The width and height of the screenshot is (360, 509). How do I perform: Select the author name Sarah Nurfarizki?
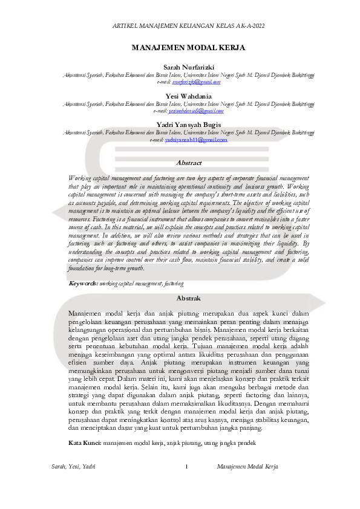(x=189, y=66)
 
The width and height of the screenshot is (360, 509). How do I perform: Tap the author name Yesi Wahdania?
(x=189, y=96)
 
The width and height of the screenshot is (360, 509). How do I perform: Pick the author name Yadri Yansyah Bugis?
(x=189, y=125)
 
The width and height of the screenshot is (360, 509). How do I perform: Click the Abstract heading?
(x=189, y=163)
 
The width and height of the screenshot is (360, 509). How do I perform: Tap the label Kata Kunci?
(x=85, y=443)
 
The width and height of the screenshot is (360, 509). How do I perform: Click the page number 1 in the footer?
(x=187, y=467)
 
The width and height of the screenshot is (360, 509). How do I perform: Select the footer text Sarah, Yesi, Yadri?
(x=73, y=467)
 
